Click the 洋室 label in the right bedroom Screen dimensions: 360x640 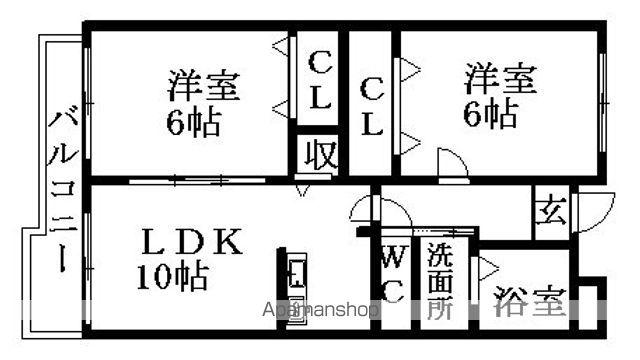click(x=499, y=78)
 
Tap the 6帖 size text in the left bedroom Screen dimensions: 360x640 click(x=194, y=123)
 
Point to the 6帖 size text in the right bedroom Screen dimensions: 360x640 click(x=490, y=114)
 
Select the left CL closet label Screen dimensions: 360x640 click(x=320, y=82)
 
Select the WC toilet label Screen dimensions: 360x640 click(x=392, y=273)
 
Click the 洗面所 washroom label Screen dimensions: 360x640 click(x=440, y=281)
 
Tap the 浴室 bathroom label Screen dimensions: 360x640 click(x=530, y=303)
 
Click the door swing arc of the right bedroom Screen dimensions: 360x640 click(x=453, y=163)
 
